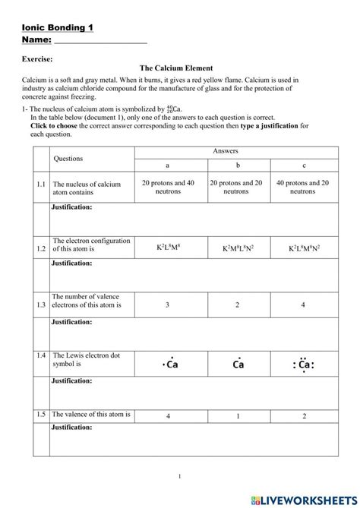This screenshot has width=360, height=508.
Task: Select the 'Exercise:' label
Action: [x=38, y=58]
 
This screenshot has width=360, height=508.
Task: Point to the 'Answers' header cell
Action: [x=235, y=152]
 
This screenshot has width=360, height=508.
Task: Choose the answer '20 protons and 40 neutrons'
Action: [x=168, y=187]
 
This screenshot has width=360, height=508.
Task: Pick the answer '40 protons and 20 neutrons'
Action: [x=302, y=187]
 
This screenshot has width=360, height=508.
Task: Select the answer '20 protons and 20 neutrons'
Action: [x=235, y=187]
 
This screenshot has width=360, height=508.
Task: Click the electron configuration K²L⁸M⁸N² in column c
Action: [x=302, y=248]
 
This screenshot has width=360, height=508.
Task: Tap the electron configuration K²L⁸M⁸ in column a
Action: [x=168, y=248]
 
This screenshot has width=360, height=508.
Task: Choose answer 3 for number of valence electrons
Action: [x=168, y=304]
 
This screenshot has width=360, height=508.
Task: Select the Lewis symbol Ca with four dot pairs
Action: [x=302, y=364]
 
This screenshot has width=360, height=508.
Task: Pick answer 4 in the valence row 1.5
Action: [x=168, y=416]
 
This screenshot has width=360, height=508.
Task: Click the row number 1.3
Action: [x=40, y=304]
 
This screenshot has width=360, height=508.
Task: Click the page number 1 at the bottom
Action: [x=179, y=477]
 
